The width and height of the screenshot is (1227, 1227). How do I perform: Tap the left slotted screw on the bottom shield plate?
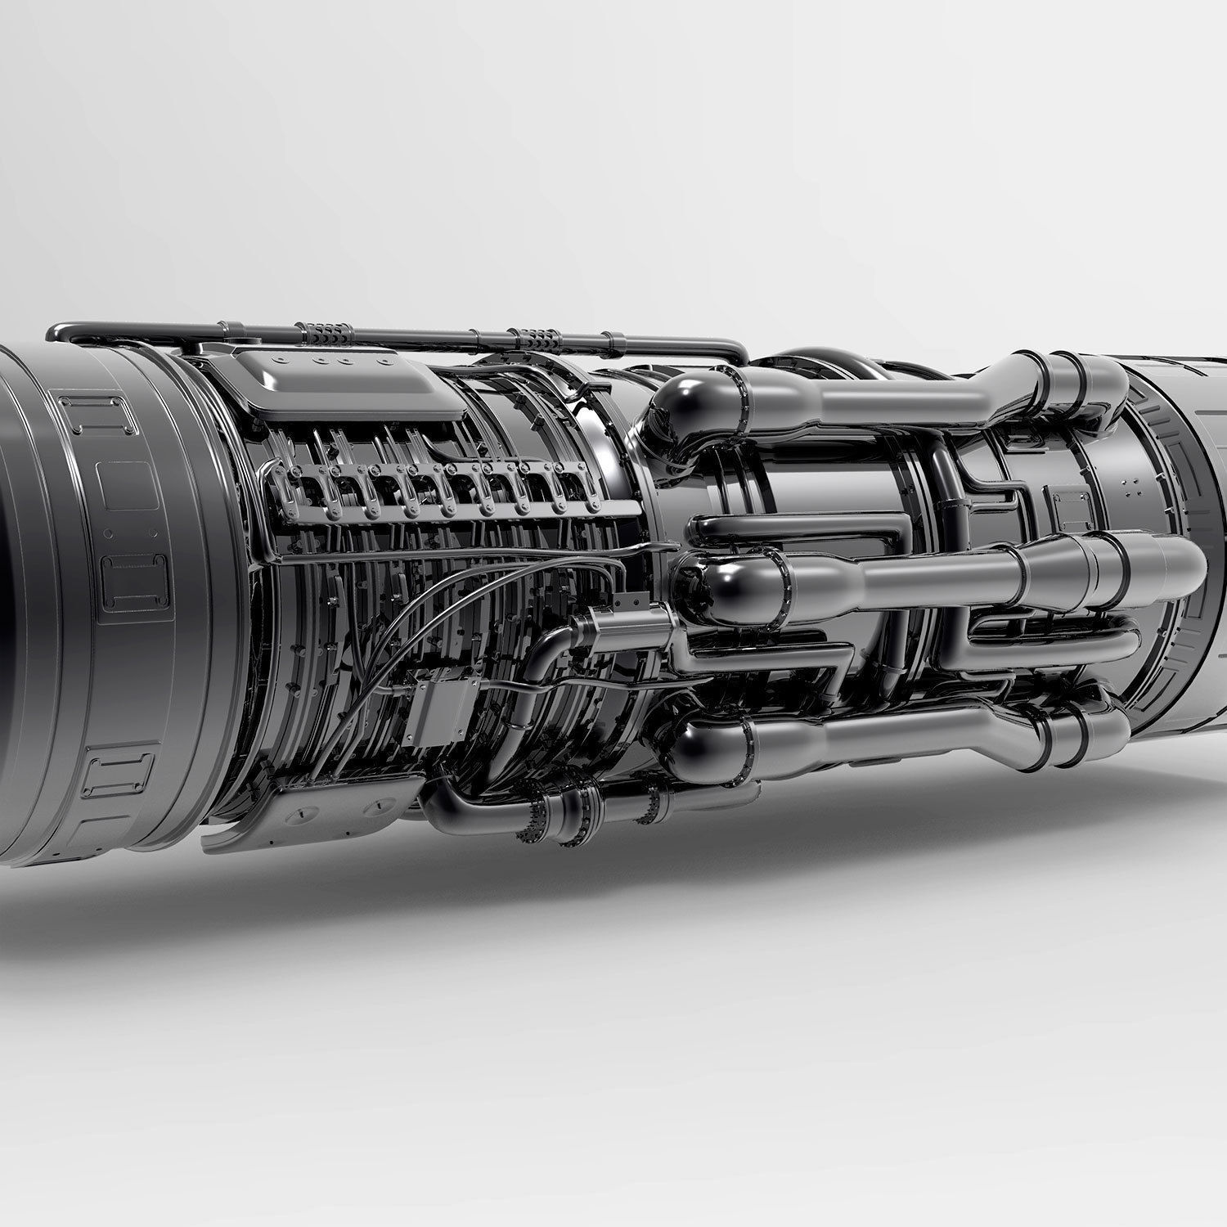(300, 812)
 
